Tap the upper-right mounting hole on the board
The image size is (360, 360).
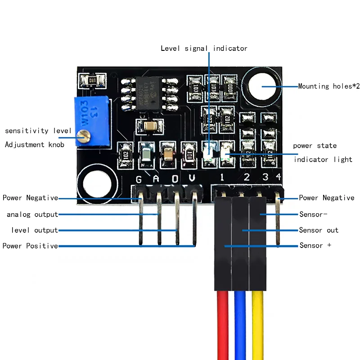(262, 86)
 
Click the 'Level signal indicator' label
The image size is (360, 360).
(204, 48)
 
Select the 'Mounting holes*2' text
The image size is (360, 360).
(329, 86)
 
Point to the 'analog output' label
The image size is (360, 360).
(32, 215)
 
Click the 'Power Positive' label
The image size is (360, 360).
(30, 246)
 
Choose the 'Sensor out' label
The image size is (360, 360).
(319, 230)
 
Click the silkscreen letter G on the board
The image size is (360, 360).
(139, 180)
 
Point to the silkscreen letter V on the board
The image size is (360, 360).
(192, 179)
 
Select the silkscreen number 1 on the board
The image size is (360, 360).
(222, 177)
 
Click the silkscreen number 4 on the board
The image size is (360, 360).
(279, 176)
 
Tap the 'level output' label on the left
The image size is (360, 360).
(34, 230)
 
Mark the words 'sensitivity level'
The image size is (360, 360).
(38, 130)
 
